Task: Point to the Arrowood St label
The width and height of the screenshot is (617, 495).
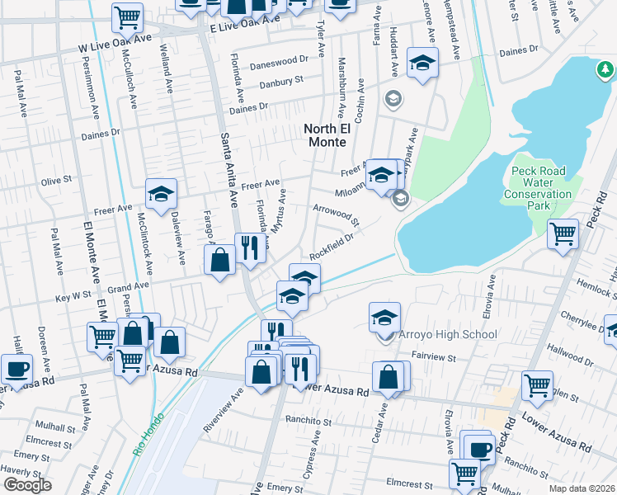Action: click(x=336, y=215)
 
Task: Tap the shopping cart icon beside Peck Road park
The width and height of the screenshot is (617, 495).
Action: click(x=563, y=233)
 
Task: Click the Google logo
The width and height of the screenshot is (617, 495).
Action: click(x=27, y=484)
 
